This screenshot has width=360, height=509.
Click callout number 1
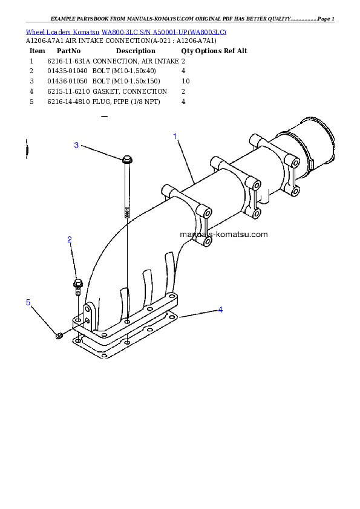tap(175, 136)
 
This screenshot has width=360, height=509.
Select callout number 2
tap(70, 240)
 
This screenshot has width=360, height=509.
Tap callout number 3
tap(76, 145)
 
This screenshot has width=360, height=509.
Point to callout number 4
tap(220, 310)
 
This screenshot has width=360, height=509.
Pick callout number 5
tap(28, 302)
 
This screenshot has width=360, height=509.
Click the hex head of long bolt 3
tap(126, 160)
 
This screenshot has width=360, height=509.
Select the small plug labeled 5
tap(59, 336)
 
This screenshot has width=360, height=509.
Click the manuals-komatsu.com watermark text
tap(223, 234)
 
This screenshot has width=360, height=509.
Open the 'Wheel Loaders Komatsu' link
tap(63, 31)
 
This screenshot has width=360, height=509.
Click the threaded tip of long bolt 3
tap(127, 212)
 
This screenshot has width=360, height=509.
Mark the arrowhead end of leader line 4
tap(180, 316)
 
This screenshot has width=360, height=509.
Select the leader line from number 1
tap(185, 161)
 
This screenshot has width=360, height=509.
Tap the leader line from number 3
tap(100, 152)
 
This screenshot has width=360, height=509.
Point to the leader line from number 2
tap(73, 261)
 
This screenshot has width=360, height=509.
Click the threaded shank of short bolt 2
tap(78, 291)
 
